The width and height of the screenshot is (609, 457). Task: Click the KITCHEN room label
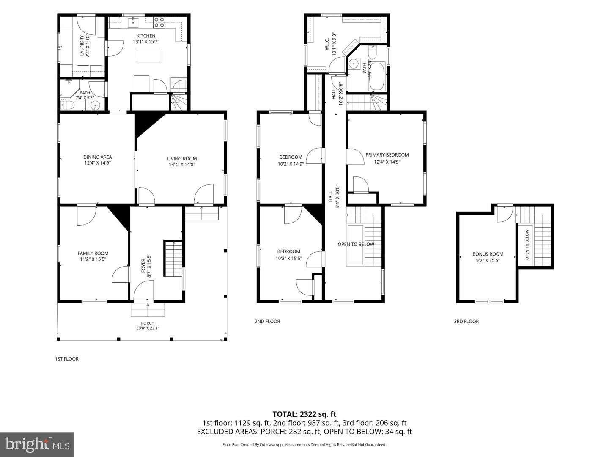[x=146, y=36]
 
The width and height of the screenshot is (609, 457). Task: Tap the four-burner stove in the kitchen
[x=159, y=22]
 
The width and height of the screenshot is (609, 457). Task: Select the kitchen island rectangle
[x=150, y=56]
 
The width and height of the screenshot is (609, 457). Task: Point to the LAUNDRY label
[x=82, y=45]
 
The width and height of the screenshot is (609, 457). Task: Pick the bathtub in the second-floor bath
[x=376, y=77]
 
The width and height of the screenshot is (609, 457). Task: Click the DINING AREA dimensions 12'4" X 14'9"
[x=98, y=163]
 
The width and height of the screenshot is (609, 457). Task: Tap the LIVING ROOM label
[x=182, y=159]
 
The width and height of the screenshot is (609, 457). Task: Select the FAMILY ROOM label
[x=93, y=253]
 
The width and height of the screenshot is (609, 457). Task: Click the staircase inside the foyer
[x=173, y=259]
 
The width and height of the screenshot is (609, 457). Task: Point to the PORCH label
[x=148, y=323]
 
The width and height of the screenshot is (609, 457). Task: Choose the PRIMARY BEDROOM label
[x=387, y=155]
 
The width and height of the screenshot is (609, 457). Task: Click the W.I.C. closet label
[x=327, y=44]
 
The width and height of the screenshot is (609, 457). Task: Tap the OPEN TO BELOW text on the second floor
[x=356, y=245]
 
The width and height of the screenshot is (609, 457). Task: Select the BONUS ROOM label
[x=488, y=254]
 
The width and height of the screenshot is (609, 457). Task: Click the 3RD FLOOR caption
[x=466, y=322]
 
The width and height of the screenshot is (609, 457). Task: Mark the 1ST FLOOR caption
[x=67, y=359]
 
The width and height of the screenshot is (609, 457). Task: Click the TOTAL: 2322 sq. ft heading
[x=304, y=414]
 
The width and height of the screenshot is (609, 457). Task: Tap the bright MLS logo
[x=37, y=444]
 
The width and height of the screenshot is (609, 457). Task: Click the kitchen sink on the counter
[x=133, y=22]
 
